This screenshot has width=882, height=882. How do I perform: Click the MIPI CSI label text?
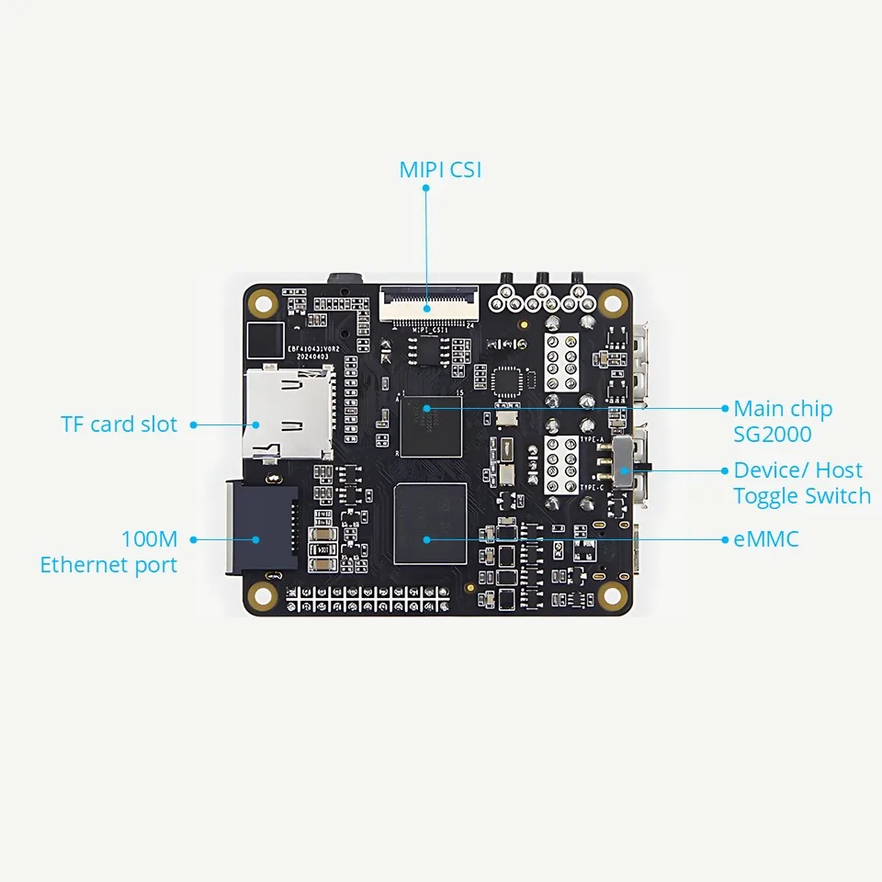tap(440, 170)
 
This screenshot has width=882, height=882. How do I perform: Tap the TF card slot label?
tap(119, 424)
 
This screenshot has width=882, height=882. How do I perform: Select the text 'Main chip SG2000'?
tap(783, 421)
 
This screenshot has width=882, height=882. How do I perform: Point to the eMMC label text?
tap(766, 539)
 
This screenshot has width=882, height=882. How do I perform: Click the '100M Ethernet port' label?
tap(108, 551)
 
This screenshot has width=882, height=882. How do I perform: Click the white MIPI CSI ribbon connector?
tap(429, 302)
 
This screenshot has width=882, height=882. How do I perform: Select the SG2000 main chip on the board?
tap(429, 422)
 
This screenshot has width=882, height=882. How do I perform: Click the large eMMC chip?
tap(429, 524)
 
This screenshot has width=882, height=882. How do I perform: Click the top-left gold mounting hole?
tap(264, 301)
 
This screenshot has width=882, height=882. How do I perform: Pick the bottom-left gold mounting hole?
tap(264, 594)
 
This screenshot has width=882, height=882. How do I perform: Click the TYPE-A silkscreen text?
tap(592, 441)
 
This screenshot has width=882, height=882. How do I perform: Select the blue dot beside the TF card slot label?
tap(194, 424)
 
